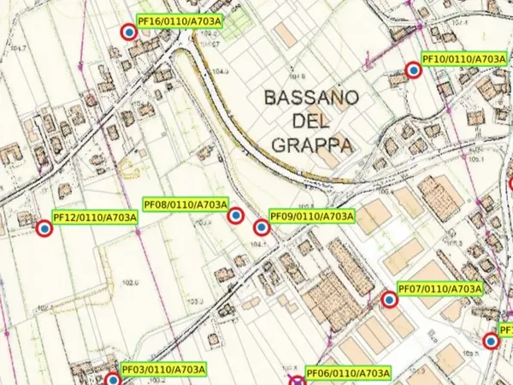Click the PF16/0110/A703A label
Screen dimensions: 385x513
coord(179,21)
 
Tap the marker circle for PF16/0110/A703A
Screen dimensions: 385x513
coord(128,33)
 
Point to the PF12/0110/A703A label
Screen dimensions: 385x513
coord(95,217)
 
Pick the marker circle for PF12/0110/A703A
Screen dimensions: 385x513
coord(44,228)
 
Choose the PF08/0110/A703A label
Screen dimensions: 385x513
coord(186,205)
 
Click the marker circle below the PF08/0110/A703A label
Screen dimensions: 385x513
coord(235,216)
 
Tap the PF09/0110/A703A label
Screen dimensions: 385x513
coord(311,216)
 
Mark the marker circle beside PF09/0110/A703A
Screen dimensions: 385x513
coord(261,228)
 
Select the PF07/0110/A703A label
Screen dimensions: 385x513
coord(440,289)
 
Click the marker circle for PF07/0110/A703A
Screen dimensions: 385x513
coord(390,300)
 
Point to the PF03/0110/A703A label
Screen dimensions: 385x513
coord(164,370)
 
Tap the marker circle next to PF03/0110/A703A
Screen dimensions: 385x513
coord(113,380)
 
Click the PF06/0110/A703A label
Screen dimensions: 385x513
coord(348,374)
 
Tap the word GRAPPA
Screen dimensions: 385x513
coord(313,145)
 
